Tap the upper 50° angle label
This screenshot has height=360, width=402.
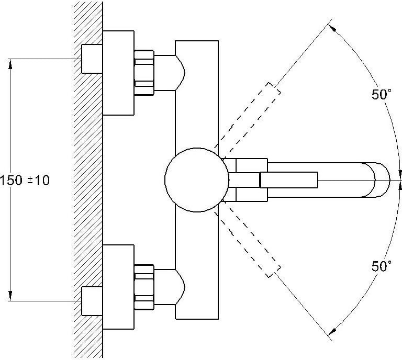tap(382, 94)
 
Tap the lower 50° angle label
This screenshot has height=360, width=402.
tap(382, 266)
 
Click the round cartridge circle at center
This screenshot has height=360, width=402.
tap(197, 180)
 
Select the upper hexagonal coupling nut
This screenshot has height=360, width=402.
tap(144, 73)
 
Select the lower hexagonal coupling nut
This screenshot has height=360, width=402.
tap(144, 287)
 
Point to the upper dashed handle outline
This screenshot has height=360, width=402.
tap(248, 117)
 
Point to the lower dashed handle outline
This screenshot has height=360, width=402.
tap(248, 243)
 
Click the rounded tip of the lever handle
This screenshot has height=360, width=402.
tap(382, 180)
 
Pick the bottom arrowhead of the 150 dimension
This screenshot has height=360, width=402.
tap(10, 296)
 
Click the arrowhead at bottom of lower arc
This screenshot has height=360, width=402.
tap(332, 332)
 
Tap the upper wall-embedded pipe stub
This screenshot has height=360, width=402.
tap(92, 59)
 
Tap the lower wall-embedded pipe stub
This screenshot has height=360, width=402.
tap(92, 301)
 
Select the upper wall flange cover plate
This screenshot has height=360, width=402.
tap(118, 73)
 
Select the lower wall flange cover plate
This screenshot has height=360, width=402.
tap(118, 287)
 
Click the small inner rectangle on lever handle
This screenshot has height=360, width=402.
tap(289, 180)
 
